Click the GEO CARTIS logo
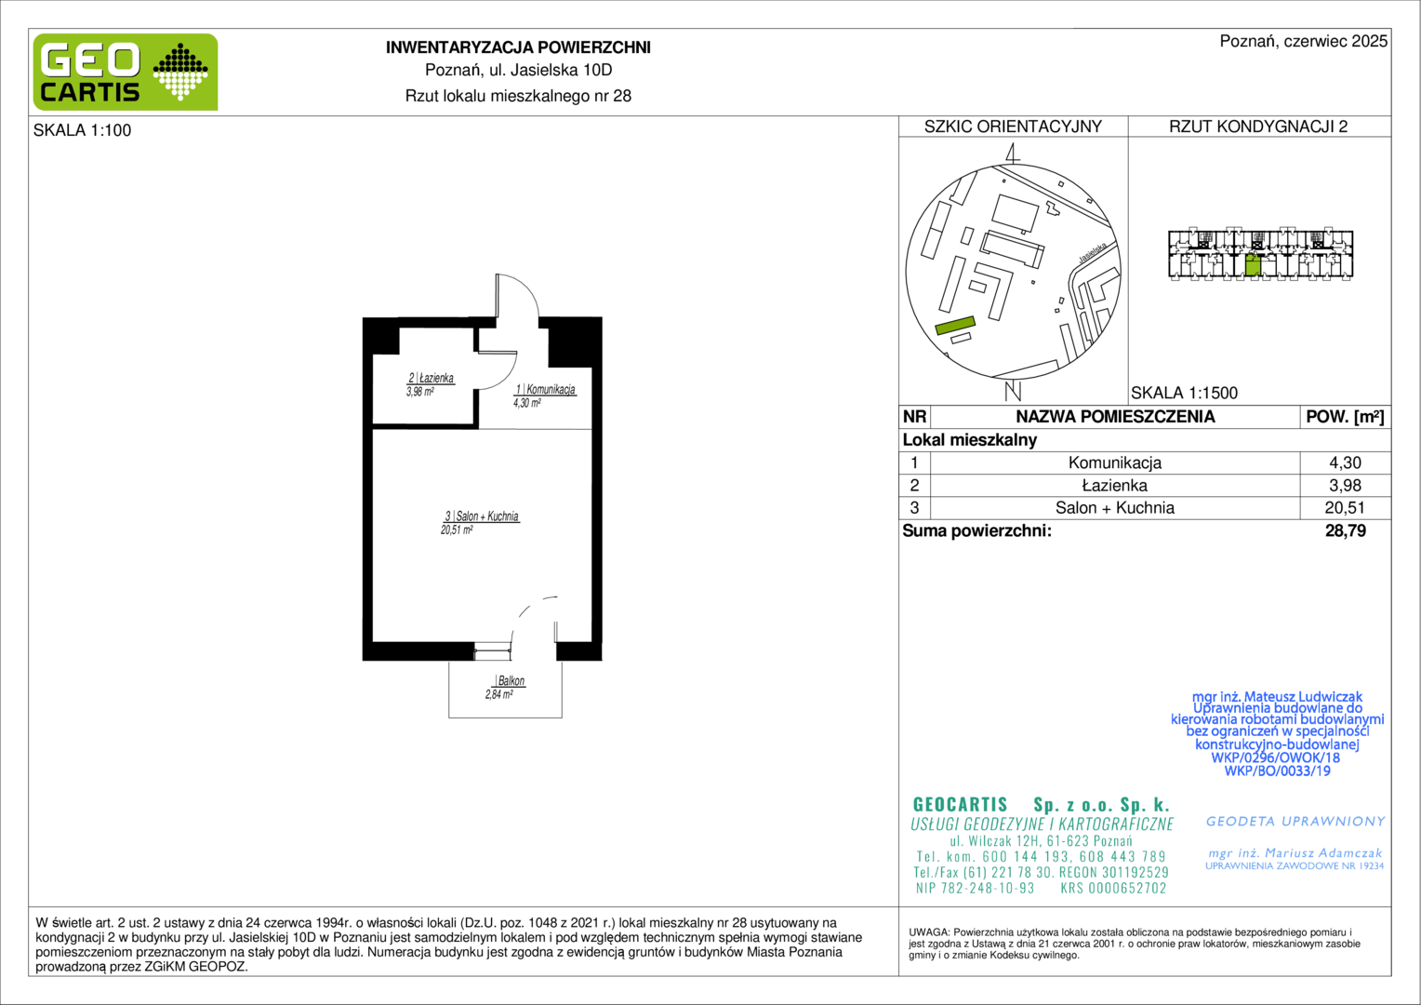tap(125, 72)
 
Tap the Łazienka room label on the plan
tap(431, 378)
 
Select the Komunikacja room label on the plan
tap(546, 389)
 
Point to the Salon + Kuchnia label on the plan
tap(482, 516)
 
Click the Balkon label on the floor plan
tap(511, 680)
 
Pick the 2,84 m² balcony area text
tap(499, 694)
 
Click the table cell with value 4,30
tap(1345, 462)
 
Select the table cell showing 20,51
tap(1345, 508)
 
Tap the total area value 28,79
tap(1346, 530)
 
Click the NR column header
tap(914, 417)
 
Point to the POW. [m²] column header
tap(1345, 417)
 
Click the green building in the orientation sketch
tap(955, 326)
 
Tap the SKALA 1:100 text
tap(83, 130)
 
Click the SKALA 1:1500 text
tap(1185, 393)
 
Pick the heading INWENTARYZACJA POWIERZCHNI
tap(518, 47)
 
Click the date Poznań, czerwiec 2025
tap(1304, 41)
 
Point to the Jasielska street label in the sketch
tap(1093, 252)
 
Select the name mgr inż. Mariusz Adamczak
tap(1295, 853)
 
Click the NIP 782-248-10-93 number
tap(975, 888)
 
